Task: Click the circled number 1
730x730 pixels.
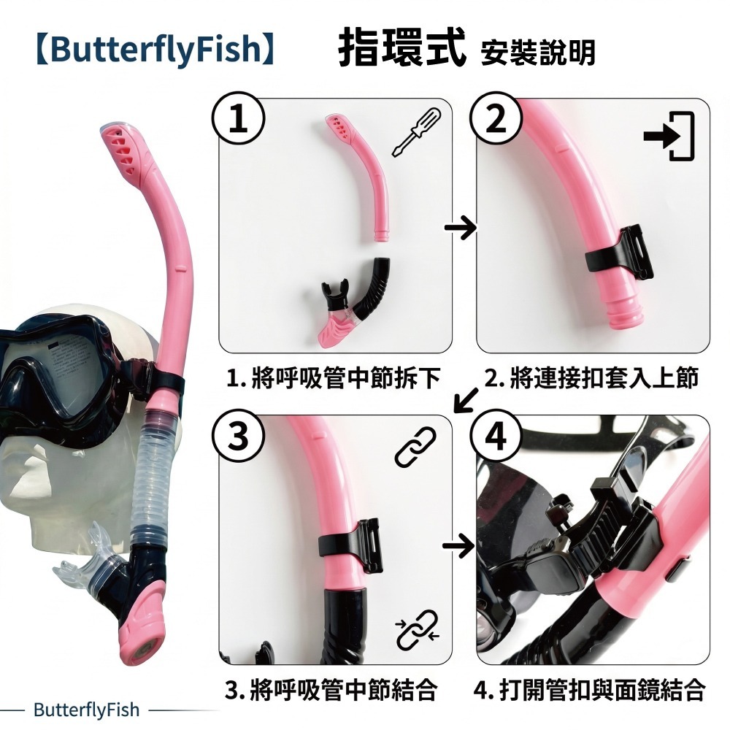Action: [x=239, y=119]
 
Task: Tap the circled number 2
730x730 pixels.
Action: [x=496, y=119]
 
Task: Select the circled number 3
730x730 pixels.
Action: [x=239, y=437]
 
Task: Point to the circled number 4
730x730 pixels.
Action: [x=496, y=437]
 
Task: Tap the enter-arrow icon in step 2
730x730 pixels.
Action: [x=669, y=136]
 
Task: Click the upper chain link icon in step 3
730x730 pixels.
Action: [x=415, y=447]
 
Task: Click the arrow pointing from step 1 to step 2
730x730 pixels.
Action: [x=460, y=228]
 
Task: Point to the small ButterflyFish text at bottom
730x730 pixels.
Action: [x=87, y=710]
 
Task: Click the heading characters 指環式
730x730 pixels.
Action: [x=401, y=47]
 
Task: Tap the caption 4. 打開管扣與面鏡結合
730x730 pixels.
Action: [x=589, y=690]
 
